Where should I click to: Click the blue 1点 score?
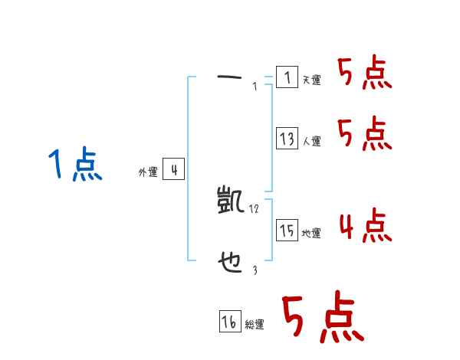point(75,165)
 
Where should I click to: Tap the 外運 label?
point(147,173)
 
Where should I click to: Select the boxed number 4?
point(173,170)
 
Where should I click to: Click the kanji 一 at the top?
point(229,77)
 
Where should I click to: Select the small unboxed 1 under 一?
point(254,87)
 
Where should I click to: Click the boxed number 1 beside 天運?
point(287,77)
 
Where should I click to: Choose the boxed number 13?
point(287,139)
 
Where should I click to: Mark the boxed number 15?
point(287,231)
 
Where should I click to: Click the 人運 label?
point(311,142)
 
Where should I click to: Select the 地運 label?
point(311,234)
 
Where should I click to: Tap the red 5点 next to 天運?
point(364,74)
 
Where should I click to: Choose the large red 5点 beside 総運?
point(321,318)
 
